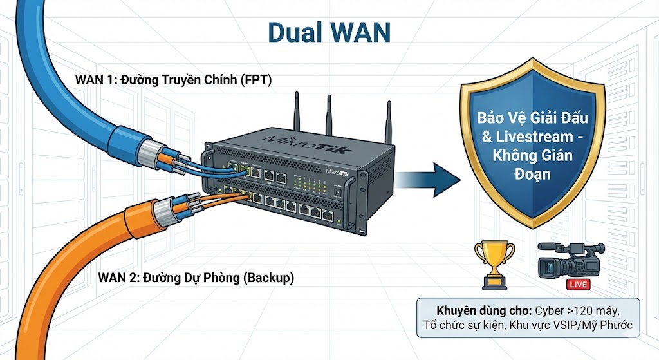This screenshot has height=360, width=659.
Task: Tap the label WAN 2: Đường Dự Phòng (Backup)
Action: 196,278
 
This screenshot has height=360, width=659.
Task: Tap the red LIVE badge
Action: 577,284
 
